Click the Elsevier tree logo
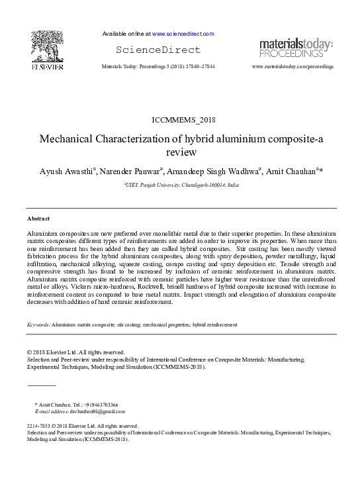tap(47, 47)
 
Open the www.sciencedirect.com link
tap(183, 34)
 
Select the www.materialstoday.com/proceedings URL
tap(292, 67)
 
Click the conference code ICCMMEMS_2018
tap(180, 120)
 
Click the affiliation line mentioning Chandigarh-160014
tap(181, 187)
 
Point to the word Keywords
tap(38, 325)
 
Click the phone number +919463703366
tap(101, 404)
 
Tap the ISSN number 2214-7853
tap(39, 426)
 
